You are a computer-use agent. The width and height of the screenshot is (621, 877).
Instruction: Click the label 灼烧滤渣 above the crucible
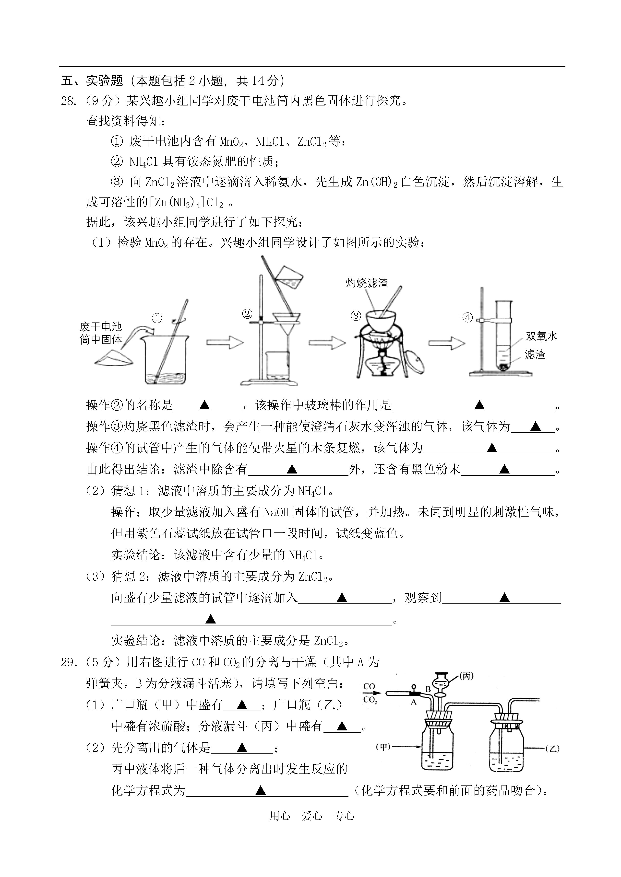pyautogui.click(x=367, y=283)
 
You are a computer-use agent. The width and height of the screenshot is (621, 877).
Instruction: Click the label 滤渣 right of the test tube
pyautogui.click(x=535, y=354)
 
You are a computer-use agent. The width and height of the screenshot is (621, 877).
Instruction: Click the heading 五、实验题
pyautogui.click(x=92, y=81)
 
